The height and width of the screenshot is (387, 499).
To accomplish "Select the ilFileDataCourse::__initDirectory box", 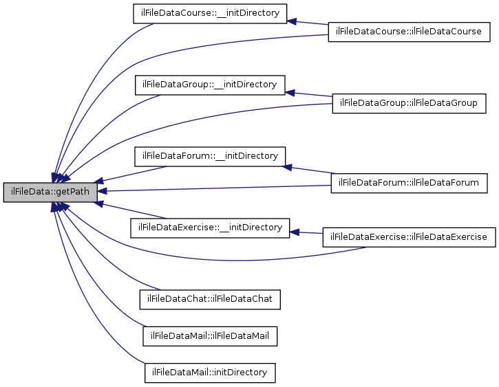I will click(x=209, y=14).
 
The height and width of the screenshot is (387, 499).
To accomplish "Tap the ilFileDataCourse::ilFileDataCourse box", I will click(x=409, y=32).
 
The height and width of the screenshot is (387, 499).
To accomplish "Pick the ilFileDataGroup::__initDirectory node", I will click(x=209, y=85).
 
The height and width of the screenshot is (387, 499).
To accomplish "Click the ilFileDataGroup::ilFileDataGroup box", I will click(x=409, y=103).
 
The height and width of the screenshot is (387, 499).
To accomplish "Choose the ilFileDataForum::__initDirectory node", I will click(x=209, y=156).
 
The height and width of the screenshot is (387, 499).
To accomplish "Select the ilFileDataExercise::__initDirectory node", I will click(x=210, y=227).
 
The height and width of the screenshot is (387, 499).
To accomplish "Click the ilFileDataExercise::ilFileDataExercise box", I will click(x=409, y=236).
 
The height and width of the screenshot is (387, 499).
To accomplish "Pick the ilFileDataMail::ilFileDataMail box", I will click(x=210, y=335).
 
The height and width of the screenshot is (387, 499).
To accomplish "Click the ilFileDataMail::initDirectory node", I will click(x=210, y=373).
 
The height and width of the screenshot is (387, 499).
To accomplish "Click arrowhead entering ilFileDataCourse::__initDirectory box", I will click(x=292, y=21).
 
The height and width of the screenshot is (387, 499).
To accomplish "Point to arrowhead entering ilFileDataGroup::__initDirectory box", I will click(x=290, y=91).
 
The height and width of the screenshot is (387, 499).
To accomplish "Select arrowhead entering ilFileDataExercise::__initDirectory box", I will click(x=295, y=232).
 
